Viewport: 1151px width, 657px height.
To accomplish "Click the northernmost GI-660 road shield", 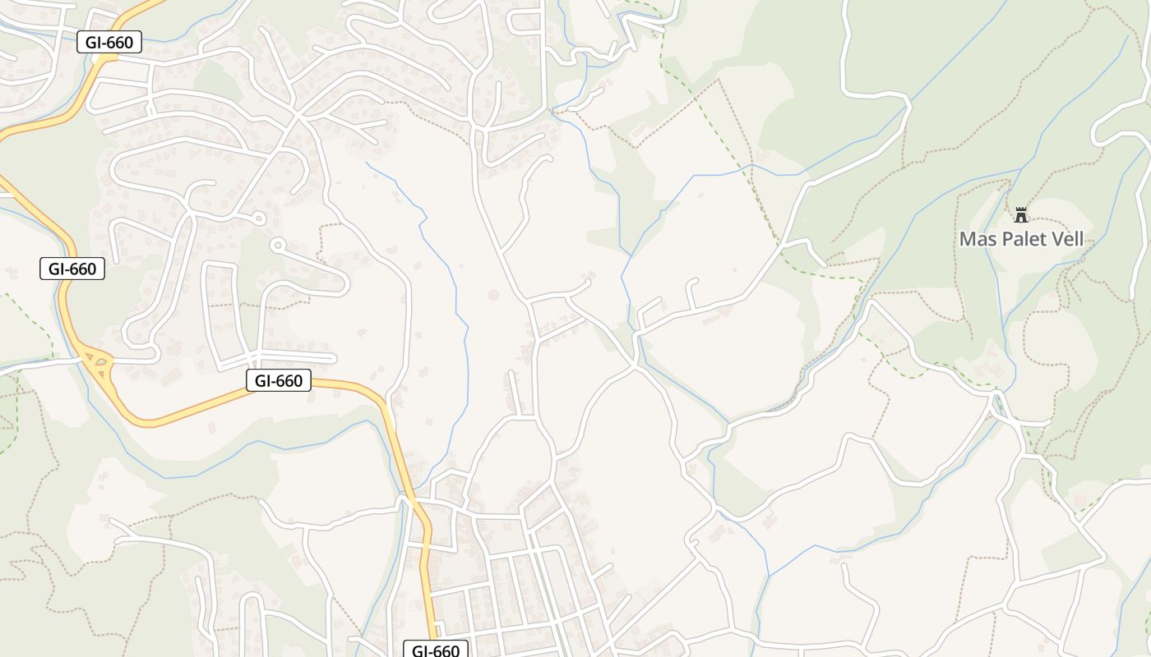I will (x=109, y=42).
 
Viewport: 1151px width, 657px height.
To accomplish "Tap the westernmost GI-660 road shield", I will (x=72, y=269).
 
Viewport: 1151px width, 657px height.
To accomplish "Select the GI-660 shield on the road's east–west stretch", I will (x=278, y=380).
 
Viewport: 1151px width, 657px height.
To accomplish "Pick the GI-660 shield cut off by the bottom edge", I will (x=435, y=650).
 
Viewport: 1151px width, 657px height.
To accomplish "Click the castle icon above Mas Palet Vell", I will (x=1021, y=215).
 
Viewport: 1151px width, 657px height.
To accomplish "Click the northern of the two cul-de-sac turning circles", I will (x=258, y=218).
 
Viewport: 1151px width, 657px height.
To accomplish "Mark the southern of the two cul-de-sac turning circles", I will (x=278, y=244).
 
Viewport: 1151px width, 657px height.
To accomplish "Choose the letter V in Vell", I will (x=1056, y=240).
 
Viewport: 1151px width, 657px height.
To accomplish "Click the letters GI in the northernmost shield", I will (x=93, y=42).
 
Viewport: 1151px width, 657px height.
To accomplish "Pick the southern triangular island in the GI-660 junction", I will (x=104, y=374).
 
